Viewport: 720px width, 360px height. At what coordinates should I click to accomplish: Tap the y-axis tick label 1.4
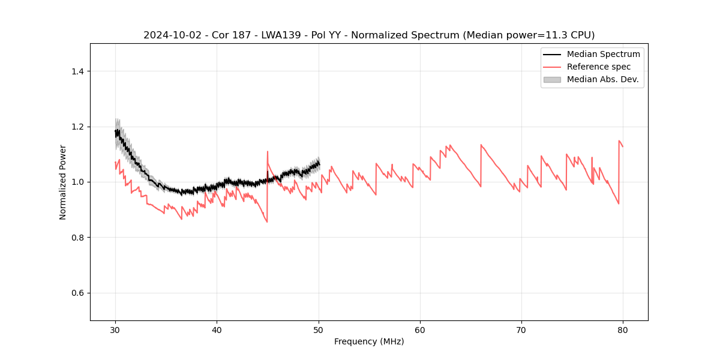[77, 71]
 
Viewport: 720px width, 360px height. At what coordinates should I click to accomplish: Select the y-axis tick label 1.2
[77, 127]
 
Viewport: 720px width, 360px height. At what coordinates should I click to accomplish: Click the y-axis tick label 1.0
[77, 182]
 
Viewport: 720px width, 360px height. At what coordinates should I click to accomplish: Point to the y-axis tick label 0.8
[77, 238]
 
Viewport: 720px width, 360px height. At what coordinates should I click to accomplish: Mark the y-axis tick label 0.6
[77, 293]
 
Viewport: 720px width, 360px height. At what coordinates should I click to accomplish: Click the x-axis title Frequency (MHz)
[369, 341]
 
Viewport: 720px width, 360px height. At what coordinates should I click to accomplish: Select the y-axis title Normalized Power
[63, 182]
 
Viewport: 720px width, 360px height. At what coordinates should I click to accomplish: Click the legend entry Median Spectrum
[603, 54]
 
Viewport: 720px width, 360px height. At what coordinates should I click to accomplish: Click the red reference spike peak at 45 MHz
[268, 151]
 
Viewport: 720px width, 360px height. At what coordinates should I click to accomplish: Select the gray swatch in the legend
[552, 79]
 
